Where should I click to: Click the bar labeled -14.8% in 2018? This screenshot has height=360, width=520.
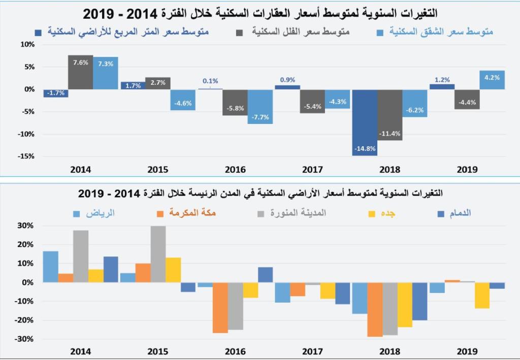[365, 122]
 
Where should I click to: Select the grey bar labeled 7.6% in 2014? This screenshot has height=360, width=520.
[80, 72]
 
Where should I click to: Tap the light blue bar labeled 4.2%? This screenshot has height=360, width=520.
[492, 80]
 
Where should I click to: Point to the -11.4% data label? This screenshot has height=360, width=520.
[389, 134]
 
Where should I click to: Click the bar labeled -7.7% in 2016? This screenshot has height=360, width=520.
[261, 107]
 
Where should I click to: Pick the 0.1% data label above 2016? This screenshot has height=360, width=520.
[210, 81]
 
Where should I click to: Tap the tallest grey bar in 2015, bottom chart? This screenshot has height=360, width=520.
[158, 254]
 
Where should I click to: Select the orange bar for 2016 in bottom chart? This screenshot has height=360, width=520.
[220, 308]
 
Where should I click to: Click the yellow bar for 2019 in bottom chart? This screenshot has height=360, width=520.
[482, 296]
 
